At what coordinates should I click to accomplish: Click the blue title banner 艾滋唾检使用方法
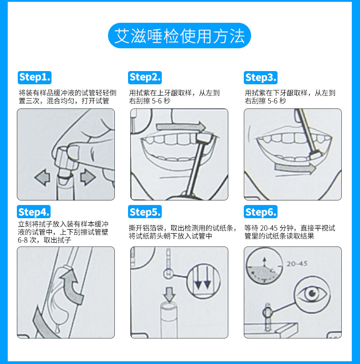coord(179,36)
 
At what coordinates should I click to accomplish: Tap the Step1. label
coord(35,77)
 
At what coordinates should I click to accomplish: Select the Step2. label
coord(145,77)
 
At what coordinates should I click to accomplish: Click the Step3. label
coord(261,77)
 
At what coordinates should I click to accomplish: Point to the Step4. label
coord(34,212)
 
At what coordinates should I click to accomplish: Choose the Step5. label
coord(145,212)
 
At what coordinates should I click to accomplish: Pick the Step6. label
coord(261,212)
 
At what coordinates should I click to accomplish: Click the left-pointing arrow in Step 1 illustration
coord(42,177)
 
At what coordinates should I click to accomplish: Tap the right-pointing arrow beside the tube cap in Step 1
coord(87,177)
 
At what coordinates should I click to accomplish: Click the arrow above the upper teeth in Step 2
coord(181,127)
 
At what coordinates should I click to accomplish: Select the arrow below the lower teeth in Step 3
coord(295,168)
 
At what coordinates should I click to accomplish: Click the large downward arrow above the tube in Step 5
coord(170,294)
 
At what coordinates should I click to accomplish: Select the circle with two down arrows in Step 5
coord(203,281)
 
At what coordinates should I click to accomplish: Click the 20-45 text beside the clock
coord(297,264)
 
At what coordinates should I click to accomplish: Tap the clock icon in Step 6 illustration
coord(264,266)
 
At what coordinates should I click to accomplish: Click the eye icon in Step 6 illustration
coord(312,294)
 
